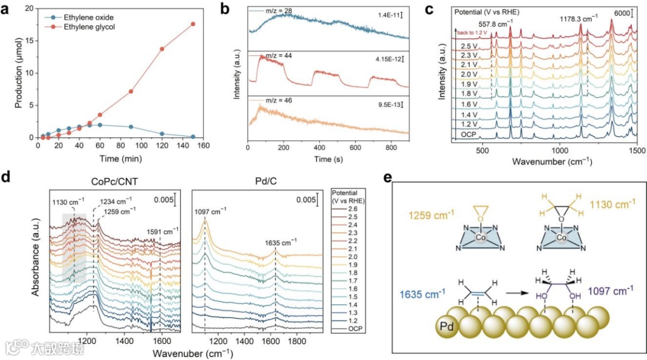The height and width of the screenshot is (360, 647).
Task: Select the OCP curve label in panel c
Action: (x=468, y=134)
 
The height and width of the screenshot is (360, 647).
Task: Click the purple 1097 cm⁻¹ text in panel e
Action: (x=611, y=291)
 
